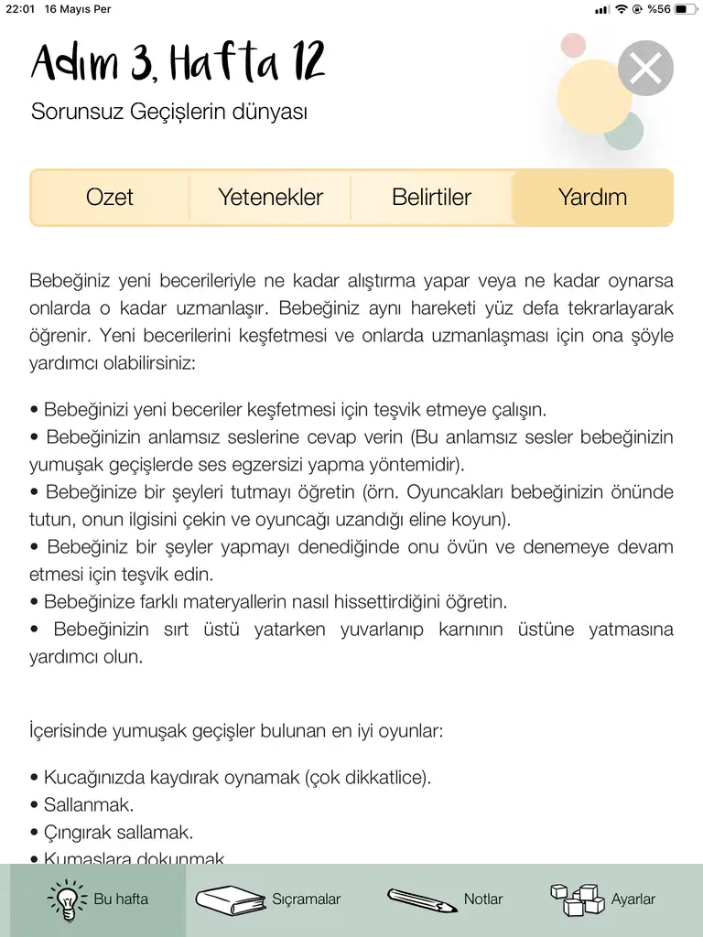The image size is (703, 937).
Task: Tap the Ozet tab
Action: pos(110,197)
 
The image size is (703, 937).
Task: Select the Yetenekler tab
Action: pos(270,197)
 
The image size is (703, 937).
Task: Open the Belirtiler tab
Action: pos(431,197)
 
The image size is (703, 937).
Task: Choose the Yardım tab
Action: pos(592,197)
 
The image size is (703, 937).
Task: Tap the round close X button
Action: pos(645,69)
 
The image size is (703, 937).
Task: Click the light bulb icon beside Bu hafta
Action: pos(66,899)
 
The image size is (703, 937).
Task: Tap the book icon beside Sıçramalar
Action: pos(229,899)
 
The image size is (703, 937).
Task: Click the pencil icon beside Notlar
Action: pos(421,900)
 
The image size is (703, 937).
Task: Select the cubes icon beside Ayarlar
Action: pos(579,899)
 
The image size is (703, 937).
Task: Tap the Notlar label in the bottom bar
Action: pos(483,899)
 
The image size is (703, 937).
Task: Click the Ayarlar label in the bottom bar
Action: pos(633,899)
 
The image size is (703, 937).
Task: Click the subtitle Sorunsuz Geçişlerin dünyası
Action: pos(169,113)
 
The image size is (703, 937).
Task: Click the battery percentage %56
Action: pos(658,9)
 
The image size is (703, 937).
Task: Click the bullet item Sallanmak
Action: pos(88,805)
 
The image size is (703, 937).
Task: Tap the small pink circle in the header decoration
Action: pos(573,45)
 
